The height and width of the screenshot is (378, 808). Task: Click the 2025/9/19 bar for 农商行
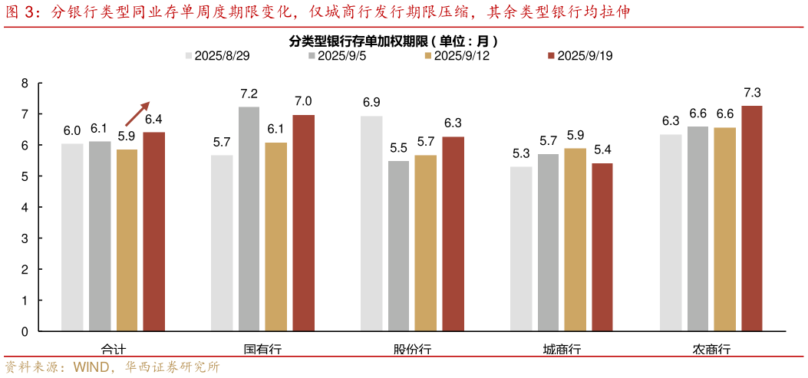751,219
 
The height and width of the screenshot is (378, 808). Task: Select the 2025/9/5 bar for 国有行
249,219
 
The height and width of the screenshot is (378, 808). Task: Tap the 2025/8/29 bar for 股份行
371,224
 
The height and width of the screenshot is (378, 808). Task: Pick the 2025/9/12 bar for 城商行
575,239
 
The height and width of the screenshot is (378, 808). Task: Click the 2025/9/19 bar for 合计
153,232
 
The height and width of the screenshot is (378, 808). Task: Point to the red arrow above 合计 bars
137,113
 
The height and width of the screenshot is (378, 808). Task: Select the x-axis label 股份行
413,349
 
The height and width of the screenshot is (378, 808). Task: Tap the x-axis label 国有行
262,349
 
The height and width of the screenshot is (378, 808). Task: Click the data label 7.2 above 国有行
249,94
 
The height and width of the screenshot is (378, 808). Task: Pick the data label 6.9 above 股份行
371,103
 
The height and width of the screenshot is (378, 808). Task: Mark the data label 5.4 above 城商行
602,150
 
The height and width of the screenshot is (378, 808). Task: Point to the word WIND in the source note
94,367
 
